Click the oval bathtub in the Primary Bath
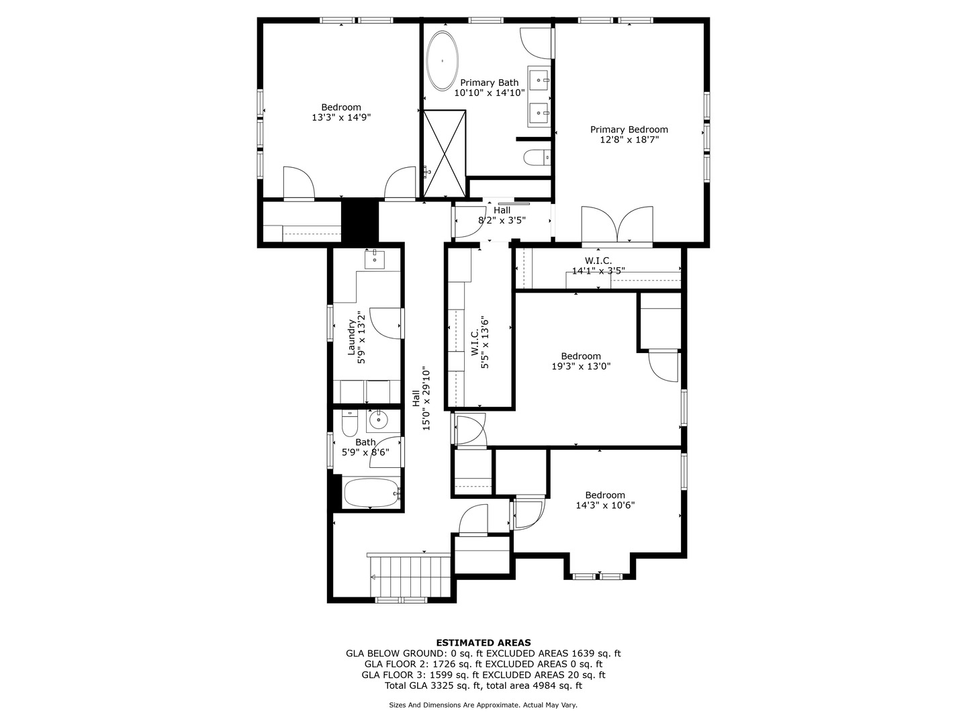(443, 60)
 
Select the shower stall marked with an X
(444, 153)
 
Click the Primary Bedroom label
(629, 130)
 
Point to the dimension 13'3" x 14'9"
(341, 117)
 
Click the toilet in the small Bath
(350, 424)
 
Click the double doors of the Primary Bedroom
(617, 226)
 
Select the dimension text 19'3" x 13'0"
(581, 367)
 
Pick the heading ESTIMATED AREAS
(483, 642)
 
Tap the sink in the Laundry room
(375, 259)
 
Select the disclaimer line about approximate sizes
(483, 705)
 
